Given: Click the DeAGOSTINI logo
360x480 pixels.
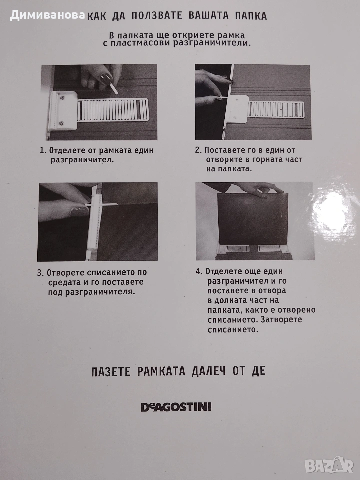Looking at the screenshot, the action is [x=176, y=407].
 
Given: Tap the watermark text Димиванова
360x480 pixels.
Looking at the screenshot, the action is [x=47, y=15].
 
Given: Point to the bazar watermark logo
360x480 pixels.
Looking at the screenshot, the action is [x=329, y=466].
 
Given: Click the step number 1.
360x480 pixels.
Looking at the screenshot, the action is [x=42, y=150].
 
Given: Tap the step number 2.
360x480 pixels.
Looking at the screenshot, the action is [x=198, y=150].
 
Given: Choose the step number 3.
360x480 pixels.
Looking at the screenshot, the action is [x=40, y=273].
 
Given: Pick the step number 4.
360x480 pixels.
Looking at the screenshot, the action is [x=199, y=272].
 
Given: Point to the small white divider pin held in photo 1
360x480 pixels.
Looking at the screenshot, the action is [x=114, y=89].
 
